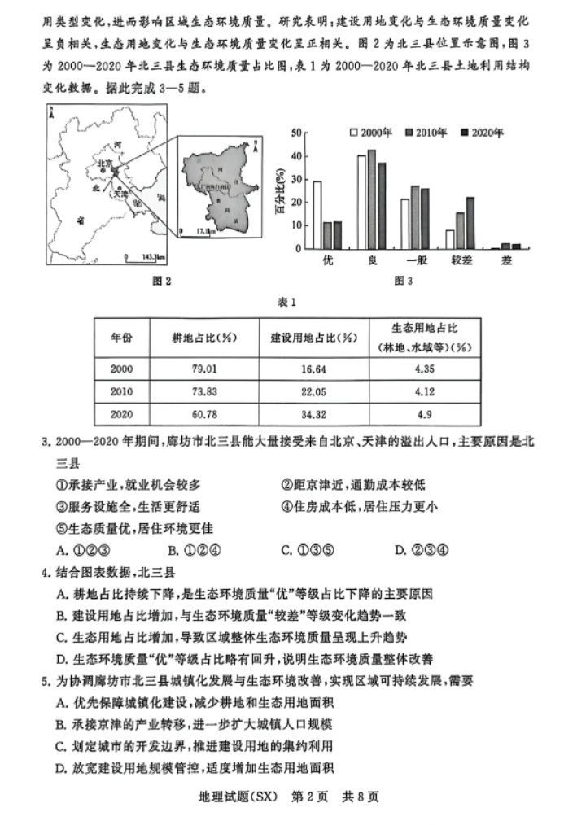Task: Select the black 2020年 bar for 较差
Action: click(x=470, y=222)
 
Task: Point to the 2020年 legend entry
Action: click(x=481, y=132)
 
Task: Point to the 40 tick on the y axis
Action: click(x=296, y=155)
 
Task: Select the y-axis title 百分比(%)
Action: click(x=279, y=192)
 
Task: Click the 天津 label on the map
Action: click(x=120, y=194)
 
